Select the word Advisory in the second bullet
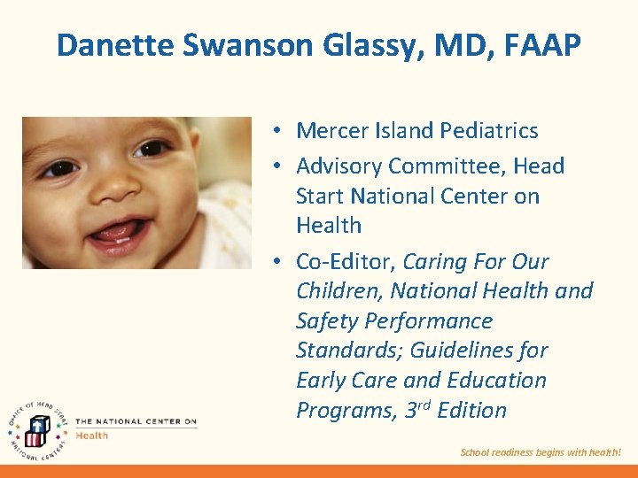tap(338, 166)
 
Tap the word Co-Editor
tap(346, 262)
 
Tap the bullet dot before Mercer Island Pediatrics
tap(277, 132)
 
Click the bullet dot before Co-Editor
tap(277, 263)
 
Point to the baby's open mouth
tap(117, 234)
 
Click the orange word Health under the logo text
tap(91, 435)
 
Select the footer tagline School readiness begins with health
tap(541, 452)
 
